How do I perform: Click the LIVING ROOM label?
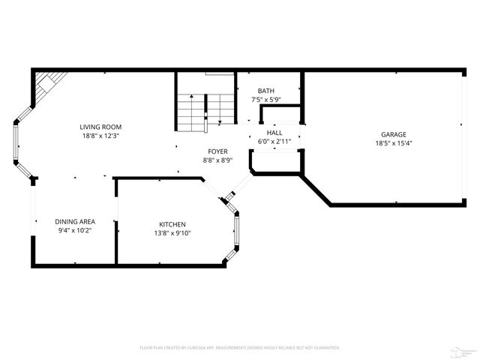pyautogui.click(x=100, y=127)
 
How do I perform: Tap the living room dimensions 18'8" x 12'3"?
pyautogui.click(x=100, y=136)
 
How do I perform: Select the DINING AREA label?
pyautogui.click(x=74, y=222)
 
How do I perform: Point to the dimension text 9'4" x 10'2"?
pyautogui.click(x=74, y=231)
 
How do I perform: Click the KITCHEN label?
pyautogui.click(x=172, y=225)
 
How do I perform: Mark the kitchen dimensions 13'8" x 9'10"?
pyautogui.click(x=172, y=233)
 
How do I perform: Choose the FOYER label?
pyautogui.click(x=218, y=151)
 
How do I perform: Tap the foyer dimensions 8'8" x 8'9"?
pyautogui.click(x=218, y=160)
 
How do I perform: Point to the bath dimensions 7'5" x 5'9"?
pyautogui.click(x=266, y=99)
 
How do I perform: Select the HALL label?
pyautogui.click(x=274, y=132)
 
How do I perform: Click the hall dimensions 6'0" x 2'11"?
pyautogui.click(x=274, y=141)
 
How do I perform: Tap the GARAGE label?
pyautogui.click(x=391, y=134)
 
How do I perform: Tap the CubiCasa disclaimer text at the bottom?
pyautogui.click(x=240, y=347)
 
